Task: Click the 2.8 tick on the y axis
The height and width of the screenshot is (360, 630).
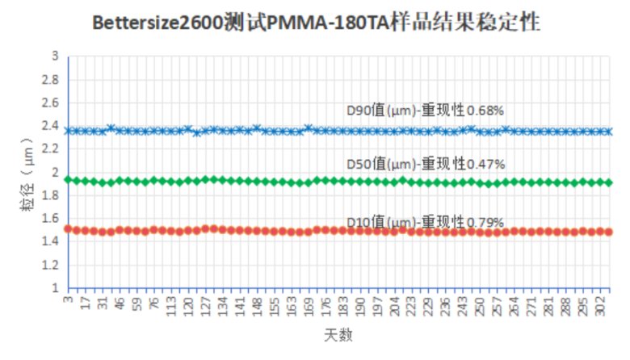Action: click(x=51, y=80)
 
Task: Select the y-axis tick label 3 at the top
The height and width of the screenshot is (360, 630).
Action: click(x=55, y=57)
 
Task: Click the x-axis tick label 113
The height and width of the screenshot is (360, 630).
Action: click(x=171, y=306)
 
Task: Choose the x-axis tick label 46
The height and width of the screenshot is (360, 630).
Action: click(x=120, y=304)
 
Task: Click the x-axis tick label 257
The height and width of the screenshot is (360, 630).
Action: click(x=498, y=306)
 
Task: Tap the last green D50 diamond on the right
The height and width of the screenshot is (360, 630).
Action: click(x=608, y=182)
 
